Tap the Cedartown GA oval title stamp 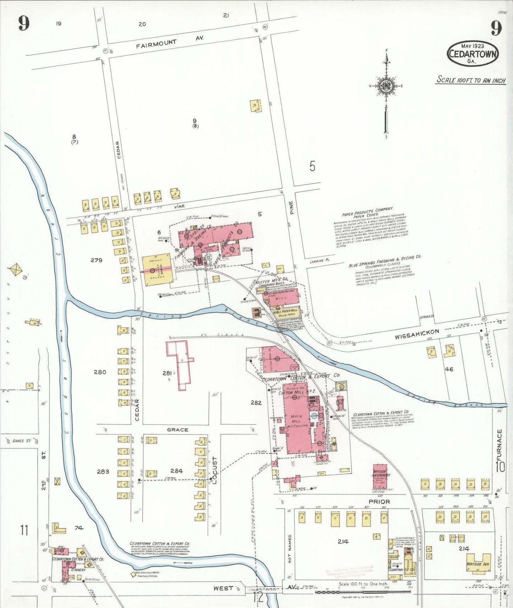[x=473, y=54]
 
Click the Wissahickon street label [x=417, y=334]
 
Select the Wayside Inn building [x=478, y=564]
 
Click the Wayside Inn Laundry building [x=380, y=476]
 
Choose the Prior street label [x=379, y=502]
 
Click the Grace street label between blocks [x=178, y=430]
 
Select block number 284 [x=176, y=471]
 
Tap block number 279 [x=96, y=260]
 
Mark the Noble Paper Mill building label [x=285, y=312]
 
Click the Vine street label [x=180, y=206]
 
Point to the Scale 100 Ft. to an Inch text [x=471, y=80]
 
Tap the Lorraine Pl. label [x=320, y=261]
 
